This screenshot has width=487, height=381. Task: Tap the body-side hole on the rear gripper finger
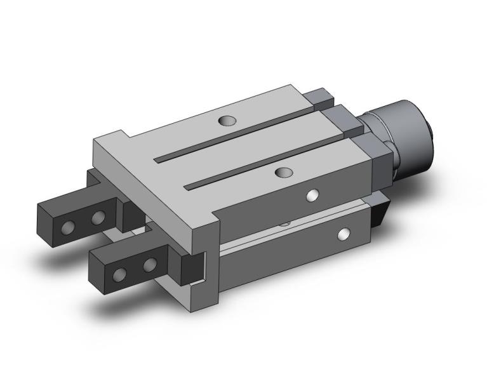click(x=98, y=218)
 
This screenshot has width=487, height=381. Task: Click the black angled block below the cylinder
click(x=382, y=212)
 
